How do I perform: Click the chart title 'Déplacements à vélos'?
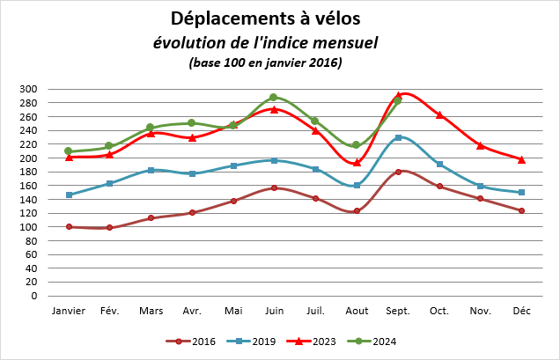click(x=265, y=18)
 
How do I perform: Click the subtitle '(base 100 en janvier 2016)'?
click(x=265, y=62)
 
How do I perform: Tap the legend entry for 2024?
click(x=376, y=342)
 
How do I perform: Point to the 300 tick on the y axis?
click(x=28, y=89)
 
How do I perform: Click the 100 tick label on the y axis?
click(x=28, y=227)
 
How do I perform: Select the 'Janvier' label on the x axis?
click(x=69, y=311)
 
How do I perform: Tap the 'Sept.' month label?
click(x=398, y=311)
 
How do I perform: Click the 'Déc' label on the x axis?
click(x=521, y=311)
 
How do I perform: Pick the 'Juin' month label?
click(x=274, y=311)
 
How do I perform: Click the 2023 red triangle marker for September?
click(x=398, y=95)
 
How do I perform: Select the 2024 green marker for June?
click(x=274, y=98)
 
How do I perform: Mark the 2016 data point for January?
click(x=69, y=227)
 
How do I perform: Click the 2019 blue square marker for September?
click(x=398, y=137)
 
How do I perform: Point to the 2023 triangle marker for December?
click(x=521, y=159)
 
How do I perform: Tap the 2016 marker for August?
click(x=357, y=211)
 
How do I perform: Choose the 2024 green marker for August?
click(x=357, y=145)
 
